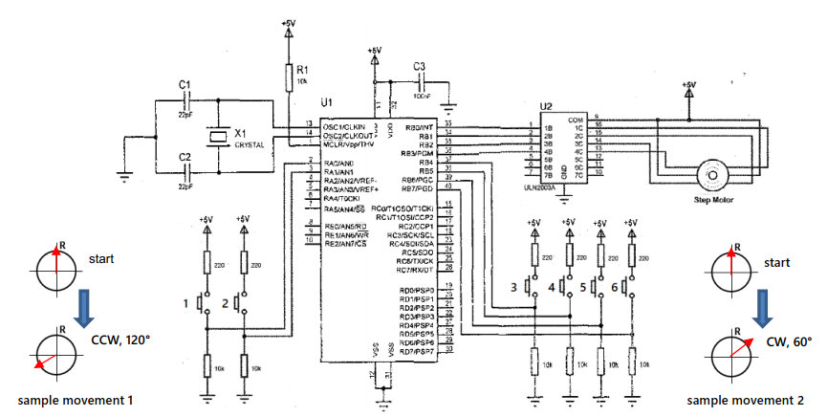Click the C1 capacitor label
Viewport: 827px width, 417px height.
pyautogui.click(x=185, y=85)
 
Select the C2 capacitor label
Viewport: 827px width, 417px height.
pyautogui.click(x=185, y=155)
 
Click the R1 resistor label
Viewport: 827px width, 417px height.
pyautogui.click(x=302, y=70)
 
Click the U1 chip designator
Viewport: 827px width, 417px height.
pyautogui.click(x=326, y=101)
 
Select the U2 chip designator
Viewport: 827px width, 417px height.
pyautogui.click(x=546, y=106)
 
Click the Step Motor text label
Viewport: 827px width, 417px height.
pyautogui.click(x=712, y=200)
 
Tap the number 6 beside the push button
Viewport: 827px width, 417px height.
pyautogui.click(x=613, y=286)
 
